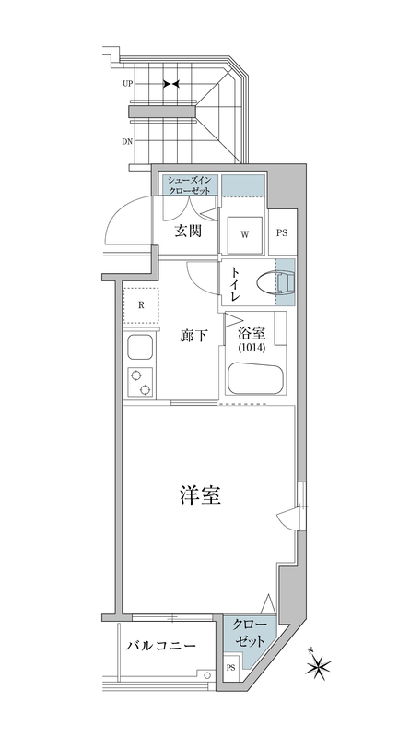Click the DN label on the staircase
click(x=127, y=141)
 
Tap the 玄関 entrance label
click(x=188, y=231)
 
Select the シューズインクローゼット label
click(x=189, y=184)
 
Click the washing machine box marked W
click(x=245, y=233)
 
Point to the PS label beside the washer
click(x=282, y=233)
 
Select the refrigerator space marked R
click(x=140, y=305)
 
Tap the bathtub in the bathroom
click(x=256, y=380)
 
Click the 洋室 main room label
click(x=199, y=495)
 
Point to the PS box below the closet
click(x=229, y=667)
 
